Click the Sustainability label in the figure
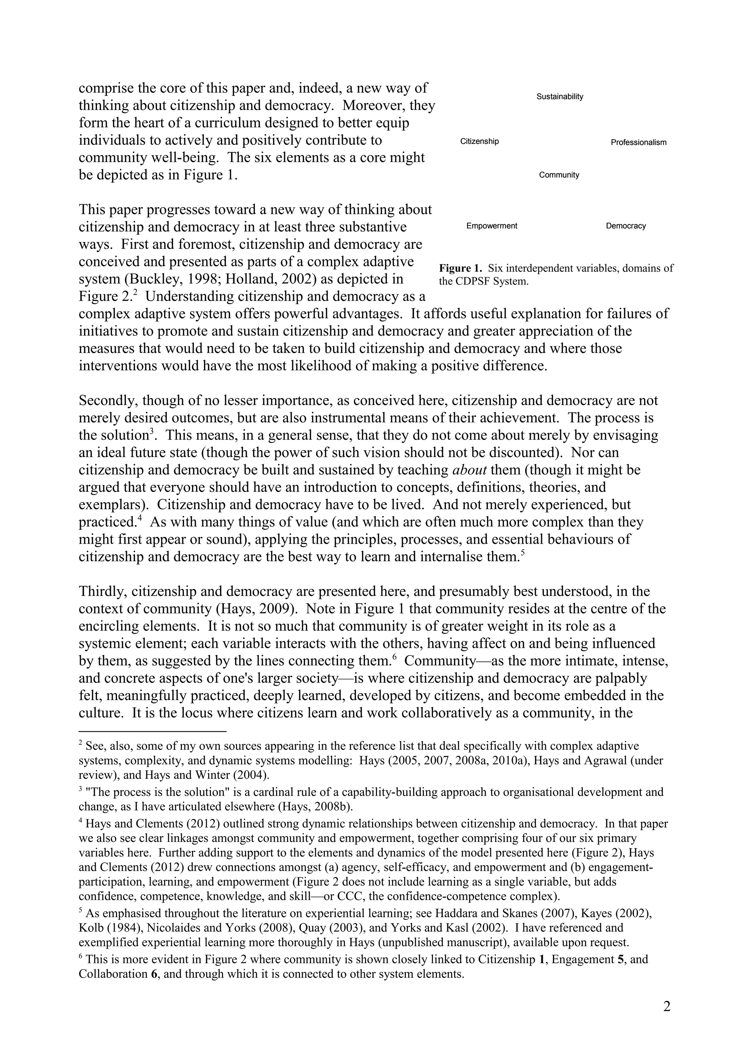coord(559,97)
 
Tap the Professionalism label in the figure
coord(638,143)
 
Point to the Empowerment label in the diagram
coord(492,226)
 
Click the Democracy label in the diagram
coord(625,226)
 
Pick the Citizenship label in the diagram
coord(479,141)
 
